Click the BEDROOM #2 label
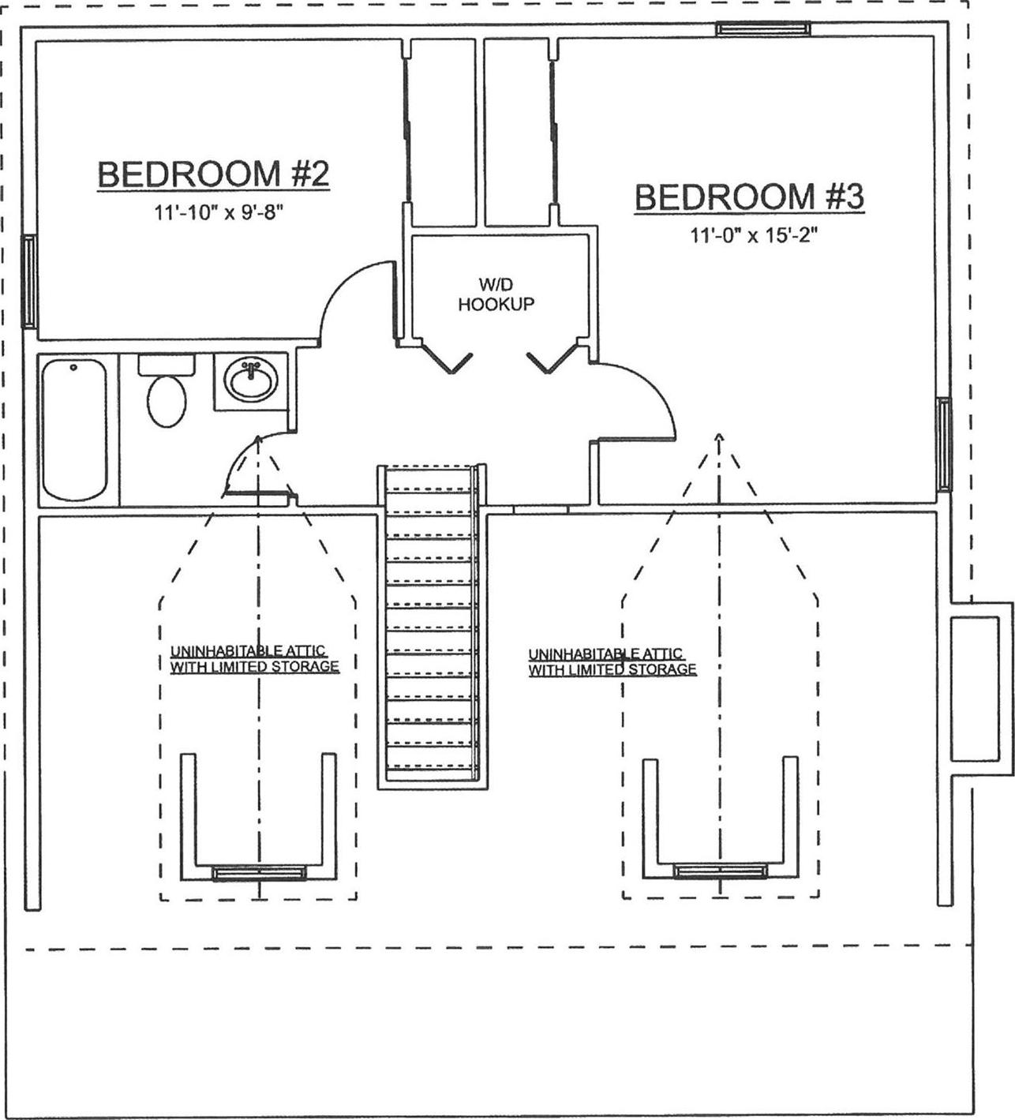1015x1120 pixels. coord(212,174)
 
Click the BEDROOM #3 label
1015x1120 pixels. coord(749,197)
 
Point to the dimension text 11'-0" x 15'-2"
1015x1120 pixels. coord(752,235)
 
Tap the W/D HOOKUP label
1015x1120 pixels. coord(496,294)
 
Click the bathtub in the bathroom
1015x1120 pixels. coord(74,429)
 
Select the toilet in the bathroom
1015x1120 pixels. coord(166,396)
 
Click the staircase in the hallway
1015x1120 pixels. coord(430,624)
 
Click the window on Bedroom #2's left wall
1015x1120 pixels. coord(28,281)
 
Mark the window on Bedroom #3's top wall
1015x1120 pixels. coord(762,29)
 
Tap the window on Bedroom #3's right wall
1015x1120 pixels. coord(943,443)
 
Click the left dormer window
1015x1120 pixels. coord(259,872)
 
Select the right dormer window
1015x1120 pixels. coord(720,870)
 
